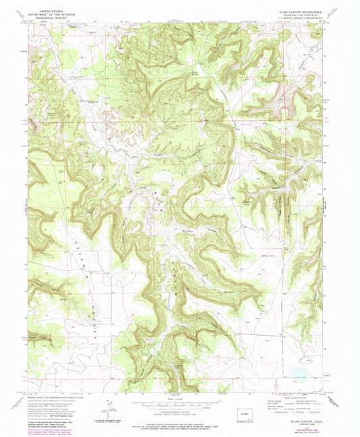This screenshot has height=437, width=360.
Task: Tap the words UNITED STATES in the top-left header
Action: (x=55, y=11)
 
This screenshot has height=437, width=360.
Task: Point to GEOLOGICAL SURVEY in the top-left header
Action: (x=55, y=19)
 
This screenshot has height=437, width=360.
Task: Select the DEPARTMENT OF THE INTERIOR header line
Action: (x=55, y=15)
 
